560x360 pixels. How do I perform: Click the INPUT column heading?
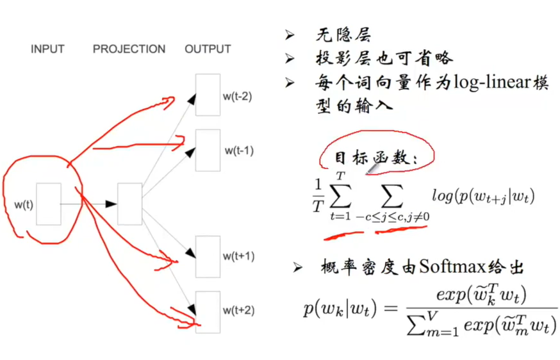click(47, 49)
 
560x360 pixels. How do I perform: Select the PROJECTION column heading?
click(129, 49)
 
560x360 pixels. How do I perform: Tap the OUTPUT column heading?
click(208, 49)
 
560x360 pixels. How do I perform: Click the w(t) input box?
click(49, 204)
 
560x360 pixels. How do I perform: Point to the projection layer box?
click(129, 204)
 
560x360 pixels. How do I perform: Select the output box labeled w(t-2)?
click(208, 95)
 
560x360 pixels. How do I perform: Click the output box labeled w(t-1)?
click(208, 150)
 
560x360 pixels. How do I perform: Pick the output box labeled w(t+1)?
click(208, 256)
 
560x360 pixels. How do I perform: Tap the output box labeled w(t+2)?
click(208, 311)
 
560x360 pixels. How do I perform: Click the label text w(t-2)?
click(238, 97)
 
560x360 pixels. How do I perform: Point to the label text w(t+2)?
click(238, 311)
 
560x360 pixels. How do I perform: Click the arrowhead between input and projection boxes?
click(111, 204)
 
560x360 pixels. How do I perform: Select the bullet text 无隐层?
click(343, 35)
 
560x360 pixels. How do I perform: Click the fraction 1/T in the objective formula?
click(317, 195)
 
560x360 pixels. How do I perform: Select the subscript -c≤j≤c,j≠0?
click(393, 217)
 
